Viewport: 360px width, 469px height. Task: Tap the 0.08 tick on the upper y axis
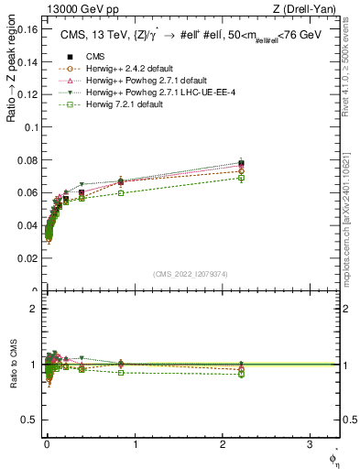[27, 161]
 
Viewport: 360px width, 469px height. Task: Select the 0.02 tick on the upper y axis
[27, 259]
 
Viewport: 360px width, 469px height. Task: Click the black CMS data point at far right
[241, 163]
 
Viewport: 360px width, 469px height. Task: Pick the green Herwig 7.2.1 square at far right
[241, 178]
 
